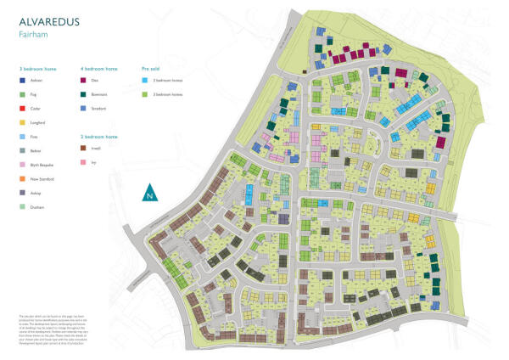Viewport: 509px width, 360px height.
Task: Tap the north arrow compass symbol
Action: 150,192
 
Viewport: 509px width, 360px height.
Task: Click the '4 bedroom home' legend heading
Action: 98,67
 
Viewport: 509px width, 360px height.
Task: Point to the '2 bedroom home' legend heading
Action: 98,136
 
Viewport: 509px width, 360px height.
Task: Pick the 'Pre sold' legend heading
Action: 151,67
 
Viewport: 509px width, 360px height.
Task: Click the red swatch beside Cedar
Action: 22,110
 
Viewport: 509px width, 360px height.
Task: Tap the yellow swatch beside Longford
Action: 22,124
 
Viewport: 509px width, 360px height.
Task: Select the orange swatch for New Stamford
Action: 22,178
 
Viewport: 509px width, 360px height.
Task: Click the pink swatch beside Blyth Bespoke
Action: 22,165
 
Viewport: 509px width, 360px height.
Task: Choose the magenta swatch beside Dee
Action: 83,82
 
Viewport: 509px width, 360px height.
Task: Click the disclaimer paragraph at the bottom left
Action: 50,327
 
